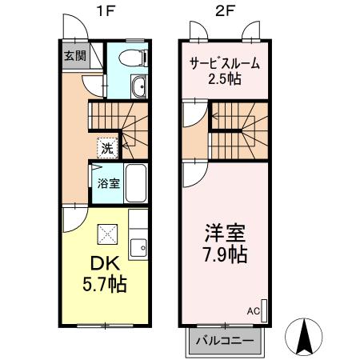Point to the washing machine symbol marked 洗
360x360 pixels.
pyautogui.click(x=106, y=147)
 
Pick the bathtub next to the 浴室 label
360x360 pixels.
pyautogui.click(x=136, y=182)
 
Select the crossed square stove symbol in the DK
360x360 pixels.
pyautogui.click(x=106, y=234)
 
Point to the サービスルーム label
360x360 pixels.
pyautogui.click(x=225, y=64)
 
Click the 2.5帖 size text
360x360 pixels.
pyautogui.click(x=225, y=79)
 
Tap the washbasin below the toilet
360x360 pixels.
pyautogui.click(x=137, y=87)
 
